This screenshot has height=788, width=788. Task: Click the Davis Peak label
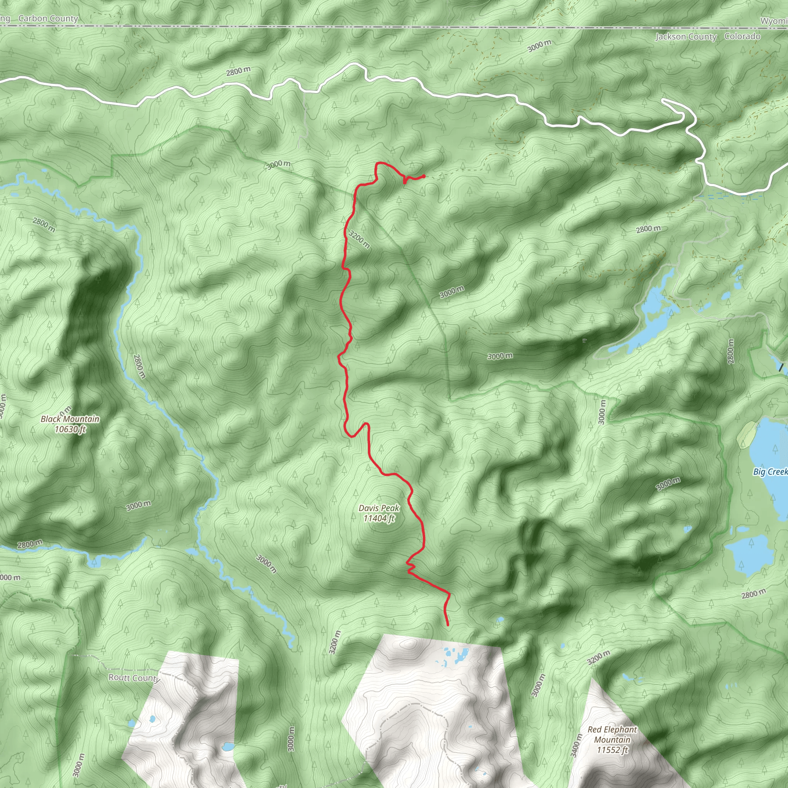[x=379, y=508]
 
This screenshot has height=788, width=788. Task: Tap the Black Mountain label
[x=70, y=419]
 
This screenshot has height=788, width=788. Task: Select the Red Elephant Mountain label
[x=612, y=734]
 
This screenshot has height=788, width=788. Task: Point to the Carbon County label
[x=48, y=19]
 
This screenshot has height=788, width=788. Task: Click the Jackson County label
[x=686, y=37]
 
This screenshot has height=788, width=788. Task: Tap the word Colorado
[x=742, y=36]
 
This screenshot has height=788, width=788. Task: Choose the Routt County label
[x=134, y=678]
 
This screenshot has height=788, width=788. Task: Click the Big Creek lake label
[x=770, y=472]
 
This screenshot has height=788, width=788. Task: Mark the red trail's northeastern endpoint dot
[x=424, y=176]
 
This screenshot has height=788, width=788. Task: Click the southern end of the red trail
[x=447, y=625]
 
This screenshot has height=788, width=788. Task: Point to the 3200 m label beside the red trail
[x=359, y=239]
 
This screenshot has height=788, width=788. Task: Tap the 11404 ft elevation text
[x=379, y=518]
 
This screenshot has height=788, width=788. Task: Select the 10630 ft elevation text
[x=70, y=429]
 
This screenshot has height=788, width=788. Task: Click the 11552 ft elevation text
[x=612, y=750]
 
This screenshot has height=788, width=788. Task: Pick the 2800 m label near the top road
[x=238, y=72]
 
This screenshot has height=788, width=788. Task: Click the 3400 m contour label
[x=576, y=745]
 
